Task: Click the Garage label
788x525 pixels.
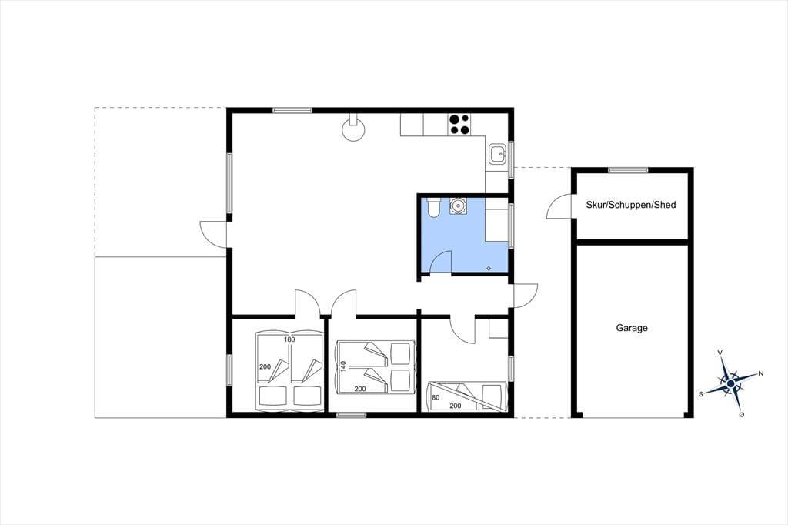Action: tap(632, 328)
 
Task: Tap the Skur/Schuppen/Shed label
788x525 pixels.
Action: tap(631, 205)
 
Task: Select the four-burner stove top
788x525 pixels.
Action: tap(460, 125)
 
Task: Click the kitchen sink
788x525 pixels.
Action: tap(498, 153)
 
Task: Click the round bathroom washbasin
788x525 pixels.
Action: tap(458, 206)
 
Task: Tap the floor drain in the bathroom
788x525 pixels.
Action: tap(489, 268)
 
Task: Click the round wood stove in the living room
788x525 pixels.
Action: tap(354, 130)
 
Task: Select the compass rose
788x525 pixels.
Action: tap(731, 384)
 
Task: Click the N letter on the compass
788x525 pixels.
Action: tap(761, 373)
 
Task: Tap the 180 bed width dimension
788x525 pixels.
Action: tap(289, 339)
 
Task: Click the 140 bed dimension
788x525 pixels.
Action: tap(344, 366)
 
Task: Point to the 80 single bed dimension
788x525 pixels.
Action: tap(436, 397)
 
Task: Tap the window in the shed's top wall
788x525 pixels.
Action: tap(628, 170)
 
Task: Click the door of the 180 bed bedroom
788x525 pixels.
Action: tap(306, 303)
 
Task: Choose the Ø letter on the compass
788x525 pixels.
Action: tap(742, 414)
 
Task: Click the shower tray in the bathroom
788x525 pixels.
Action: tap(496, 225)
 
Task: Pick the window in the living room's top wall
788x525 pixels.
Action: tap(292, 110)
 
